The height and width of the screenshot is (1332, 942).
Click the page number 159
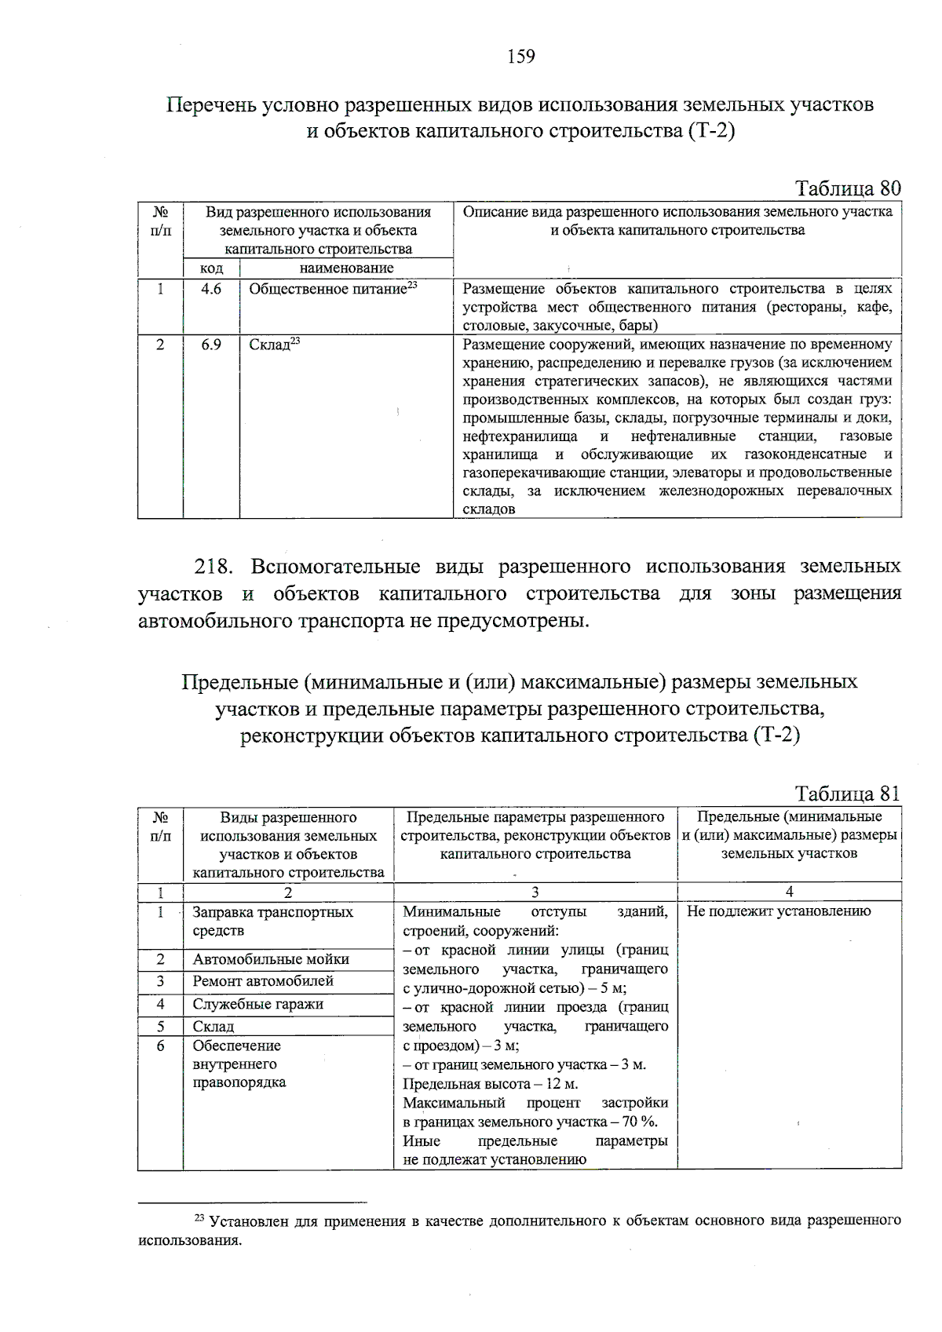pos(521,57)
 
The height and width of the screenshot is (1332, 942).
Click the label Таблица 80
pos(847,188)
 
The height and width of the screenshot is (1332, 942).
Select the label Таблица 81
pos(847,794)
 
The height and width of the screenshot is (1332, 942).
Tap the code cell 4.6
pos(211,289)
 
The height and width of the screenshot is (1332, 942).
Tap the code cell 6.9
pos(211,345)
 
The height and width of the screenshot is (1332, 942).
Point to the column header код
pos(211,268)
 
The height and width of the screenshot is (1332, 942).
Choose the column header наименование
pos(346,268)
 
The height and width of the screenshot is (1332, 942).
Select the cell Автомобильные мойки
pos(271,959)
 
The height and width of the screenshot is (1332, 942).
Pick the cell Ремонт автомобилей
pos(263,981)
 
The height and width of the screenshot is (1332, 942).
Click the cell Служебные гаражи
pos(257,1004)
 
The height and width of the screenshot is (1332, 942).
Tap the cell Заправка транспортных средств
pos(272,921)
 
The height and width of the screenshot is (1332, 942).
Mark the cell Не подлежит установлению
pos(779,911)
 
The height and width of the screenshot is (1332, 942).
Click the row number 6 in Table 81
pos(160,1046)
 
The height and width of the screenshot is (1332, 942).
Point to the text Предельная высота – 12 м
pos(490,1084)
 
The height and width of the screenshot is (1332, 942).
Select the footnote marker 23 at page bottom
pos(199,1218)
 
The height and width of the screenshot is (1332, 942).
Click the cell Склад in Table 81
pos(214,1027)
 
